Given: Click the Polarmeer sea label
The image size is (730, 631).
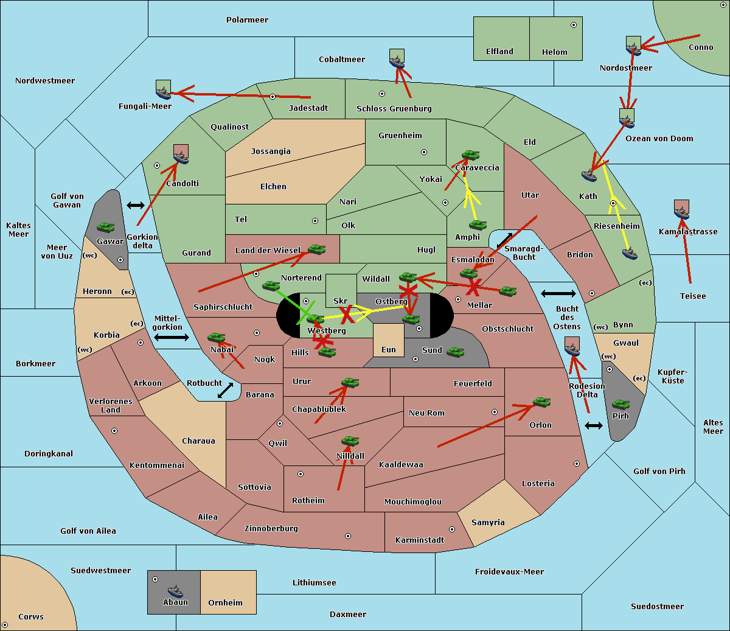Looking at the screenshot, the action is [247, 20].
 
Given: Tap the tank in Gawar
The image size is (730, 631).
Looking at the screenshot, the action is [105, 228].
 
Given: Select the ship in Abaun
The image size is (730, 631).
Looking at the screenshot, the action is [175, 591].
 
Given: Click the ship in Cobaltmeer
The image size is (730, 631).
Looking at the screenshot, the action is [397, 62].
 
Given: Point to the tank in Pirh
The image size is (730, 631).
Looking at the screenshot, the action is [620, 405].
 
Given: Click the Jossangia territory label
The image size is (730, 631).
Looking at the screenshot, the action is [271, 152].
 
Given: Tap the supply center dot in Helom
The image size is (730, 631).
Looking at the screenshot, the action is [574, 25].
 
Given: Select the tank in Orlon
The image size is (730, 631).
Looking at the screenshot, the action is [542, 402].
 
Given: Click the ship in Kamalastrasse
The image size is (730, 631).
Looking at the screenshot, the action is [681, 213].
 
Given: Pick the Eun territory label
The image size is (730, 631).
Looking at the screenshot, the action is [389, 349].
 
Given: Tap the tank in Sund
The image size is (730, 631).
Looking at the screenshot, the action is [455, 352].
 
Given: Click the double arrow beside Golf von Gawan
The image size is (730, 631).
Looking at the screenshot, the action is [136, 205].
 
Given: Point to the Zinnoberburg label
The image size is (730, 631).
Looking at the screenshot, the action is [271, 529].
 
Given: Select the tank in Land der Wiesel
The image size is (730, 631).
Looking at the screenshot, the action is [316, 249].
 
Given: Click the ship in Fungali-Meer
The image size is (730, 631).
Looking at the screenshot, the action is [163, 93].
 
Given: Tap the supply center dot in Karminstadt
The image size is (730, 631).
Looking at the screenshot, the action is [452, 529].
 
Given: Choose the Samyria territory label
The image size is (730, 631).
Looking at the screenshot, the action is [488, 523].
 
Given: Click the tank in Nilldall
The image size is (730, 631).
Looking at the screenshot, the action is [350, 441].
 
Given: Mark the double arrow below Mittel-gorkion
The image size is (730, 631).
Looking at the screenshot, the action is [172, 337].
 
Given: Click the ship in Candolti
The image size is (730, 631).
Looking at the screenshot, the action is [181, 158].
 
